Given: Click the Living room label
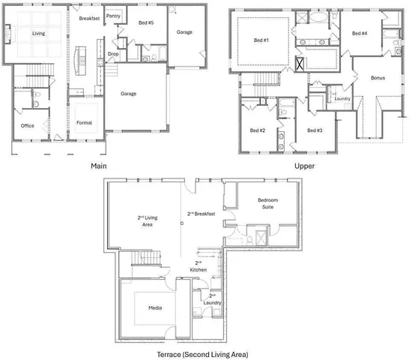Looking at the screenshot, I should pos(38,33).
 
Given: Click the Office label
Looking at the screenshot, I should pos(27,125).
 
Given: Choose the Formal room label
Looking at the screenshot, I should pos(84,121).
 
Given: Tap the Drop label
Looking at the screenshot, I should pos(112,54).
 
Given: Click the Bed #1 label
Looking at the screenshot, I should pos(261,40).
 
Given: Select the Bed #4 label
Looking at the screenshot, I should pos(360,33).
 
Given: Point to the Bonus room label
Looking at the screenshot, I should pos(378,78).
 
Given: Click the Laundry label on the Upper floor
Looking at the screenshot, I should pos(343,98).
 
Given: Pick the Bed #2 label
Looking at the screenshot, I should pos(258,130).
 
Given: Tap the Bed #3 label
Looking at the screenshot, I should pos(315,130).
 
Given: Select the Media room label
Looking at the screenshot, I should pos(157,308).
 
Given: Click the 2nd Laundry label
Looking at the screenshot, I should pos(213,300).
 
